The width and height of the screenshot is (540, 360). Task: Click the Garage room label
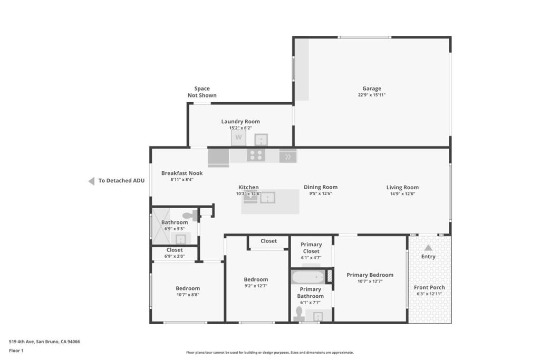coord(372,89)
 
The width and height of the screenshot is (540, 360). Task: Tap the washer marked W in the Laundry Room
coord(239,138)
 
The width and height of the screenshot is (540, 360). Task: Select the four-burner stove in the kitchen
coord(256,155)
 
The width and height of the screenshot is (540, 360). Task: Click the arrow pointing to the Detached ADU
coord(92,181)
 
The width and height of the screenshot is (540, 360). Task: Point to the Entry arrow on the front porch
coord(428,247)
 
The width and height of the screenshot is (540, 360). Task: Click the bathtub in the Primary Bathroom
coord(308,277)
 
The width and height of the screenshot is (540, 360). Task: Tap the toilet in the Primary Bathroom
coord(298,314)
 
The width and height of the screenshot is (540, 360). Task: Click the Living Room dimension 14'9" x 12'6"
coord(402,194)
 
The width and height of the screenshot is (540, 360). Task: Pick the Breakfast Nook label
coord(182,173)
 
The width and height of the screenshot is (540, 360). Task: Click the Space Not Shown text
coord(202,92)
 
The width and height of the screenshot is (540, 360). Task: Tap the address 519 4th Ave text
coord(21,342)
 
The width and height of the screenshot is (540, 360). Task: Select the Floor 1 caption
coord(16,351)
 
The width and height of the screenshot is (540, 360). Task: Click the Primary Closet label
coord(311,248)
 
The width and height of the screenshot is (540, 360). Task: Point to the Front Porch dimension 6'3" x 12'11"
coord(429,294)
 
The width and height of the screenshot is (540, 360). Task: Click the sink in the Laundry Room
coord(261,140)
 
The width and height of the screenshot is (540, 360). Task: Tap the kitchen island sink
coord(267,198)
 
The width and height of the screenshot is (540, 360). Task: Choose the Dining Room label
coord(321,187)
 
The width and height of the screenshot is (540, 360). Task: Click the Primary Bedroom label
coord(370,275)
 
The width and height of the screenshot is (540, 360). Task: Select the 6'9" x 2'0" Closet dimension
coord(175,256)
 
